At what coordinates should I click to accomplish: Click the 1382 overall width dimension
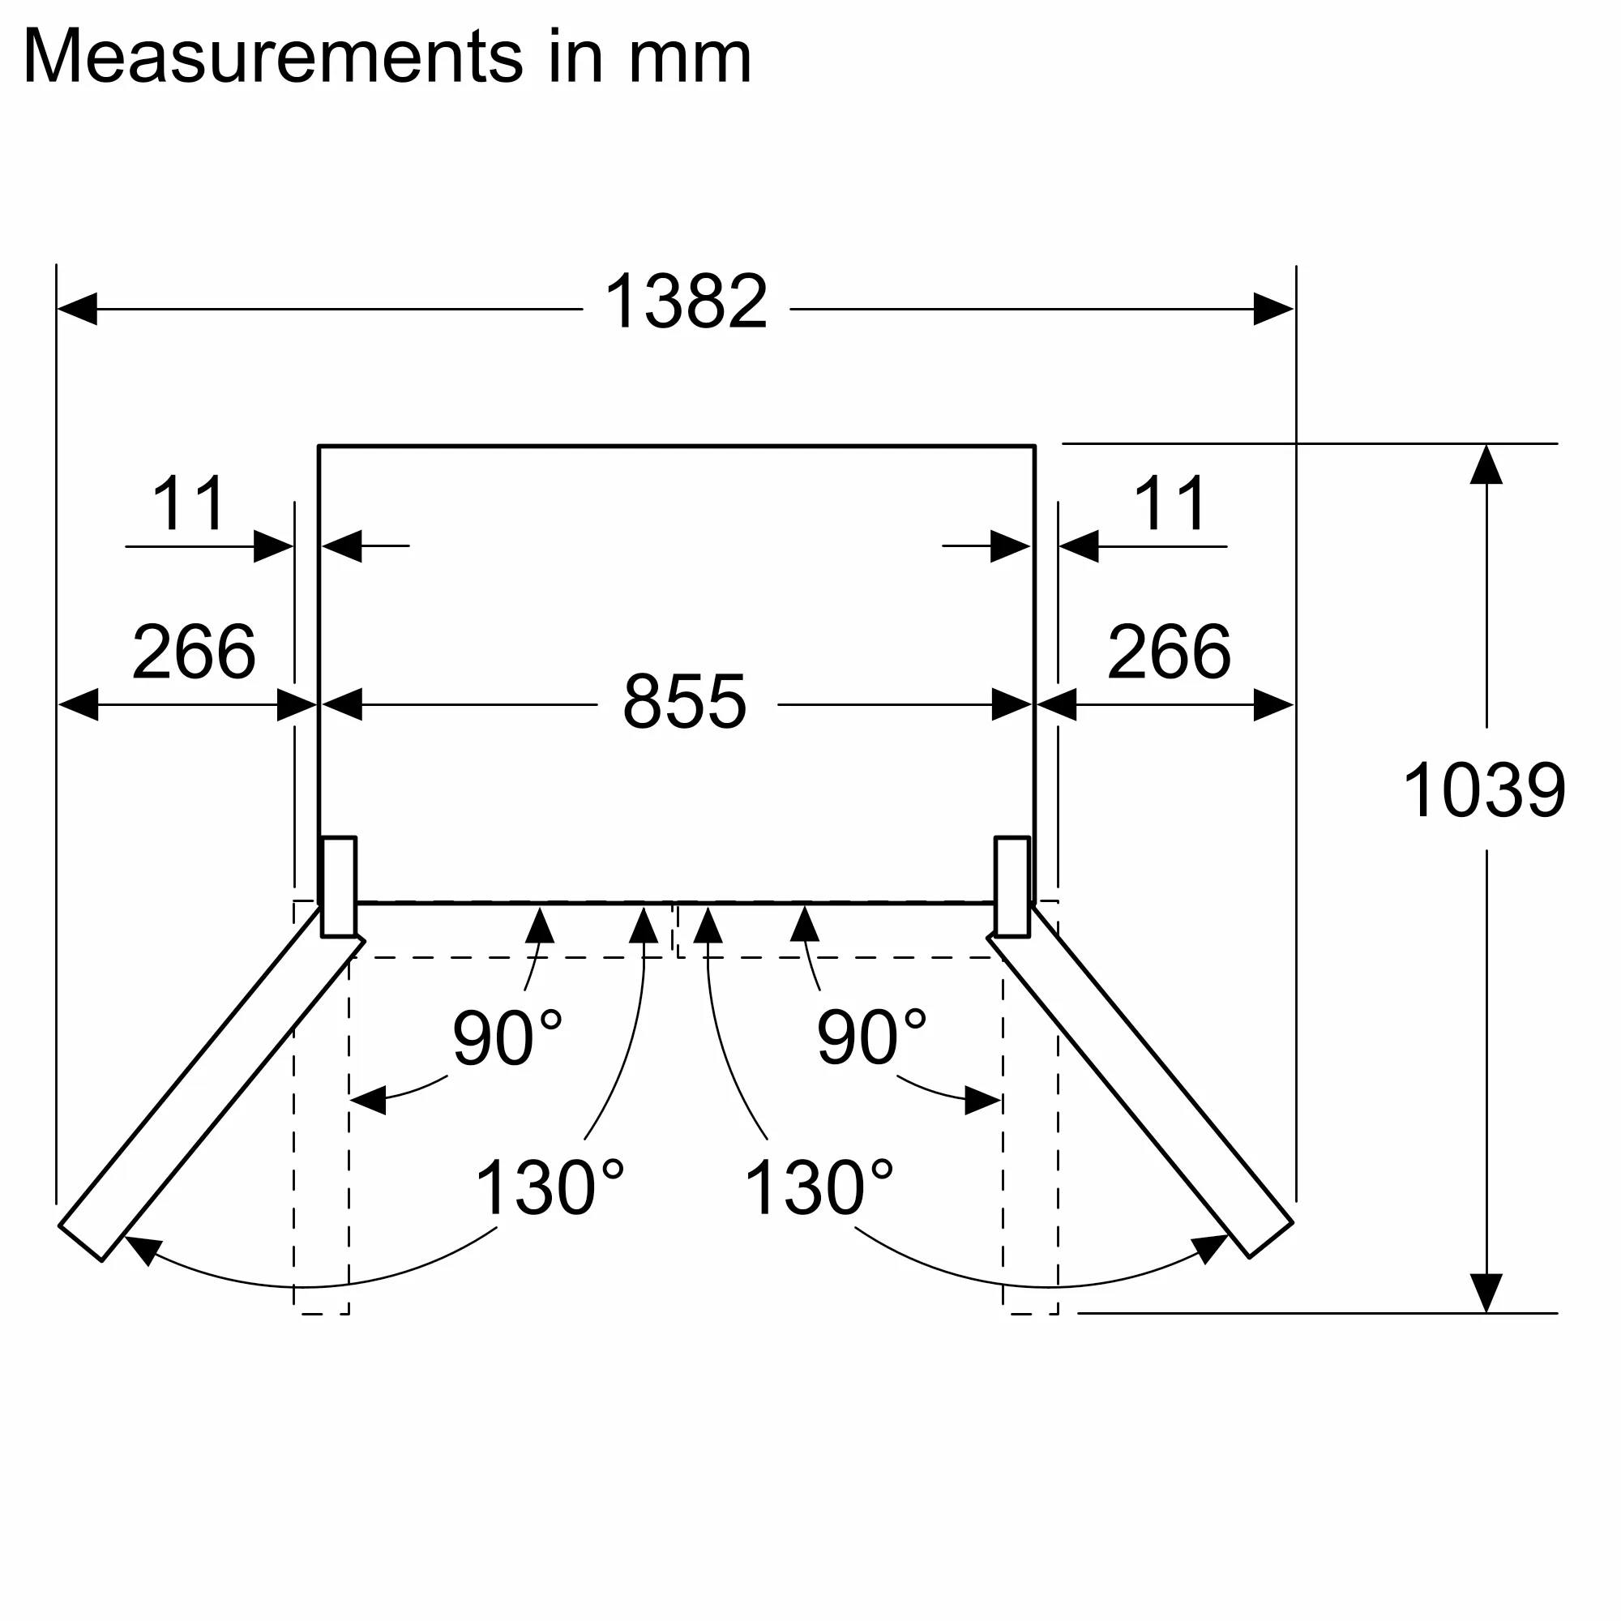pos(686,302)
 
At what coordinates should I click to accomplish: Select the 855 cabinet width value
pos(684,701)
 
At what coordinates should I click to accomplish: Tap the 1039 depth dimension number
pos(1483,789)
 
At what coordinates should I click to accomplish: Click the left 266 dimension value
pos(194,652)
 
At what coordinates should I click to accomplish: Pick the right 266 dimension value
pos(1169,652)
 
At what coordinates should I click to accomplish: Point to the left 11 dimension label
pos(188,504)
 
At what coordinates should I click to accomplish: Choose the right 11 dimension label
pos(1170,504)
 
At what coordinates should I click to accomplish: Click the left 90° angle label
pos(506,1038)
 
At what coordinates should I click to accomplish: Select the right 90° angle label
pos(871,1038)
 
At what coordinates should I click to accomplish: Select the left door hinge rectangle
pos(339,886)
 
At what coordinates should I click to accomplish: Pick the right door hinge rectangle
pos(1012,886)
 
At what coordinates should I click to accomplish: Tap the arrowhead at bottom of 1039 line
pos(1486,1293)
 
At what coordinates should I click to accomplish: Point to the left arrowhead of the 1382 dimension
pos(77,309)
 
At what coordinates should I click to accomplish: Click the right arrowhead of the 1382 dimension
pos(1272,309)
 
